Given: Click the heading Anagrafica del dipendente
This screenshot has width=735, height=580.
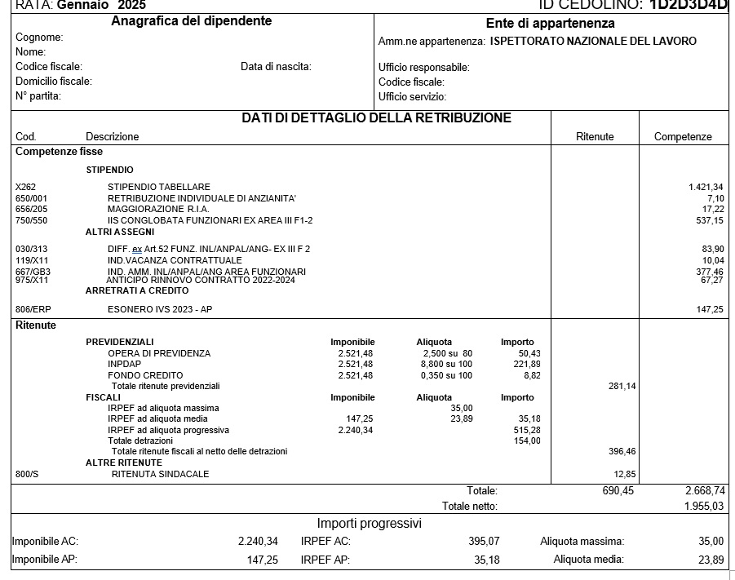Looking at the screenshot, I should coord(191,21).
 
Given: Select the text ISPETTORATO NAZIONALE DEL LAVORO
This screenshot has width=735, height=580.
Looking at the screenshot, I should coord(593,41).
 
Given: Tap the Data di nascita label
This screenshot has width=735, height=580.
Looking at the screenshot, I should coord(276,67).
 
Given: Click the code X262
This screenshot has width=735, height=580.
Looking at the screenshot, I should coord(26,188).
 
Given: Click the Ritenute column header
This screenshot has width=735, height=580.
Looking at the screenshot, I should coord(595,137).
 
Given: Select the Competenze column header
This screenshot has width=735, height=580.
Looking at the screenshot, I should coord(683,137).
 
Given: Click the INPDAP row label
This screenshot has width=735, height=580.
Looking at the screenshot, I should coord(124,364).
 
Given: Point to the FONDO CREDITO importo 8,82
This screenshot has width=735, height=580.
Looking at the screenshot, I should coord(530,375).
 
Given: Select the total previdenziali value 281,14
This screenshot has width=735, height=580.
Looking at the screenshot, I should coord(622,387).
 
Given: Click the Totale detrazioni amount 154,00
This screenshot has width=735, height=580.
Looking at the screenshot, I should coord(527,441).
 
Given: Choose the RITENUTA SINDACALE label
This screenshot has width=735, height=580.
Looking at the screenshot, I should coord(160,474).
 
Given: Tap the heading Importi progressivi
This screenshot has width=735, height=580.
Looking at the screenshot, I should coord(369,523).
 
